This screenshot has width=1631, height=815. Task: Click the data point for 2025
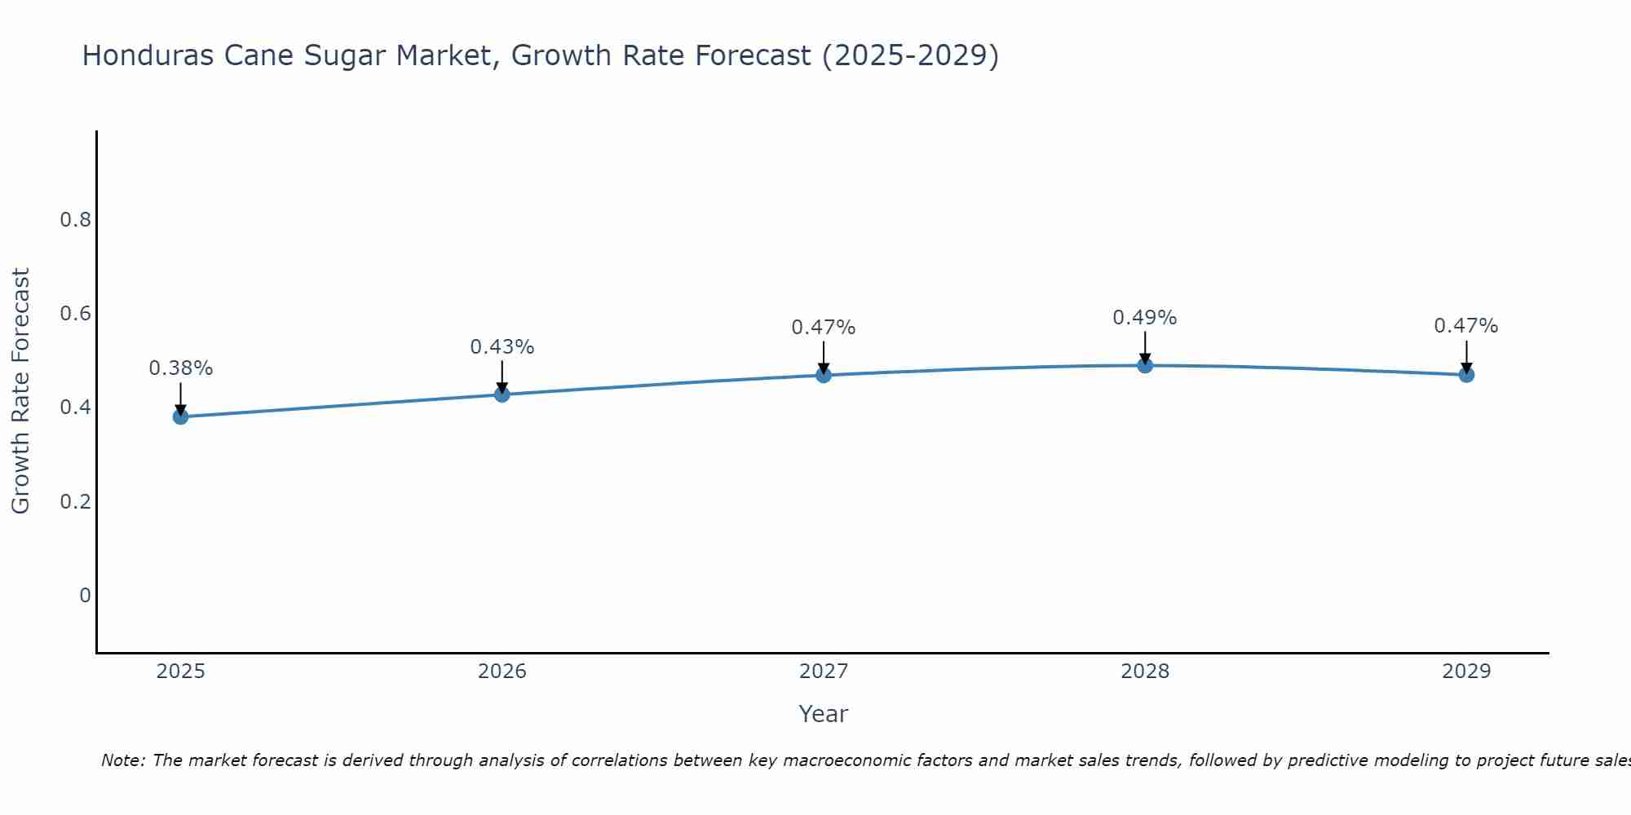pyautogui.click(x=180, y=416)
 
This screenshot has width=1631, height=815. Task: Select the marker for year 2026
pyautogui.click(x=502, y=394)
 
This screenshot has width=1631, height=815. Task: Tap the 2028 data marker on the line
pyautogui.click(x=1145, y=365)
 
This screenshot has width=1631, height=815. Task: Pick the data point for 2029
pyautogui.click(x=1466, y=375)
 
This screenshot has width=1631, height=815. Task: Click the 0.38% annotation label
pyautogui.click(x=180, y=368)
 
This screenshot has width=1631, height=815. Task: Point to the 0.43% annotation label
pyautogui.click(x=502, y=347)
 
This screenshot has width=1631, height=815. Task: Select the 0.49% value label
pyautogui.click(x=1145, y=318)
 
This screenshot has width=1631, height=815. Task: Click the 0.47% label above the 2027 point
pyautogui.click(x=824, y=328)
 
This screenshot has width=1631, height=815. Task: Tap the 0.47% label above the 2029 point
pyautogui.click(x=1466, y=326)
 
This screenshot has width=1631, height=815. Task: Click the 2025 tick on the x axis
pyautogui.click(x=180, y=672)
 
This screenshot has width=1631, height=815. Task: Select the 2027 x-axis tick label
pyautogui.click(x=824, y=672)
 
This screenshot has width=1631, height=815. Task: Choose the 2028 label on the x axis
pyautogui.click(x=1145, y=672)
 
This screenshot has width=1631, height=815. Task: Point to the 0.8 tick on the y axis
pyautogui.click(x=75, y=220)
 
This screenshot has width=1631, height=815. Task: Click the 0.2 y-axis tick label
pyautogui.click(x=75, y=501)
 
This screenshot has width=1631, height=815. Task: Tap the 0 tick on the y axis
pyautogui.click(x=85, y=596)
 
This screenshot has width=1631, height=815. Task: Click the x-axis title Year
pyautogui.click(x=824, y=714)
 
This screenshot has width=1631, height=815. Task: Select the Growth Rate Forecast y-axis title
pyautogui.click(x=21, y=391)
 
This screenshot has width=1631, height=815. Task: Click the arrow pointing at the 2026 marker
pyautogui.click(x=502, y=377)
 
